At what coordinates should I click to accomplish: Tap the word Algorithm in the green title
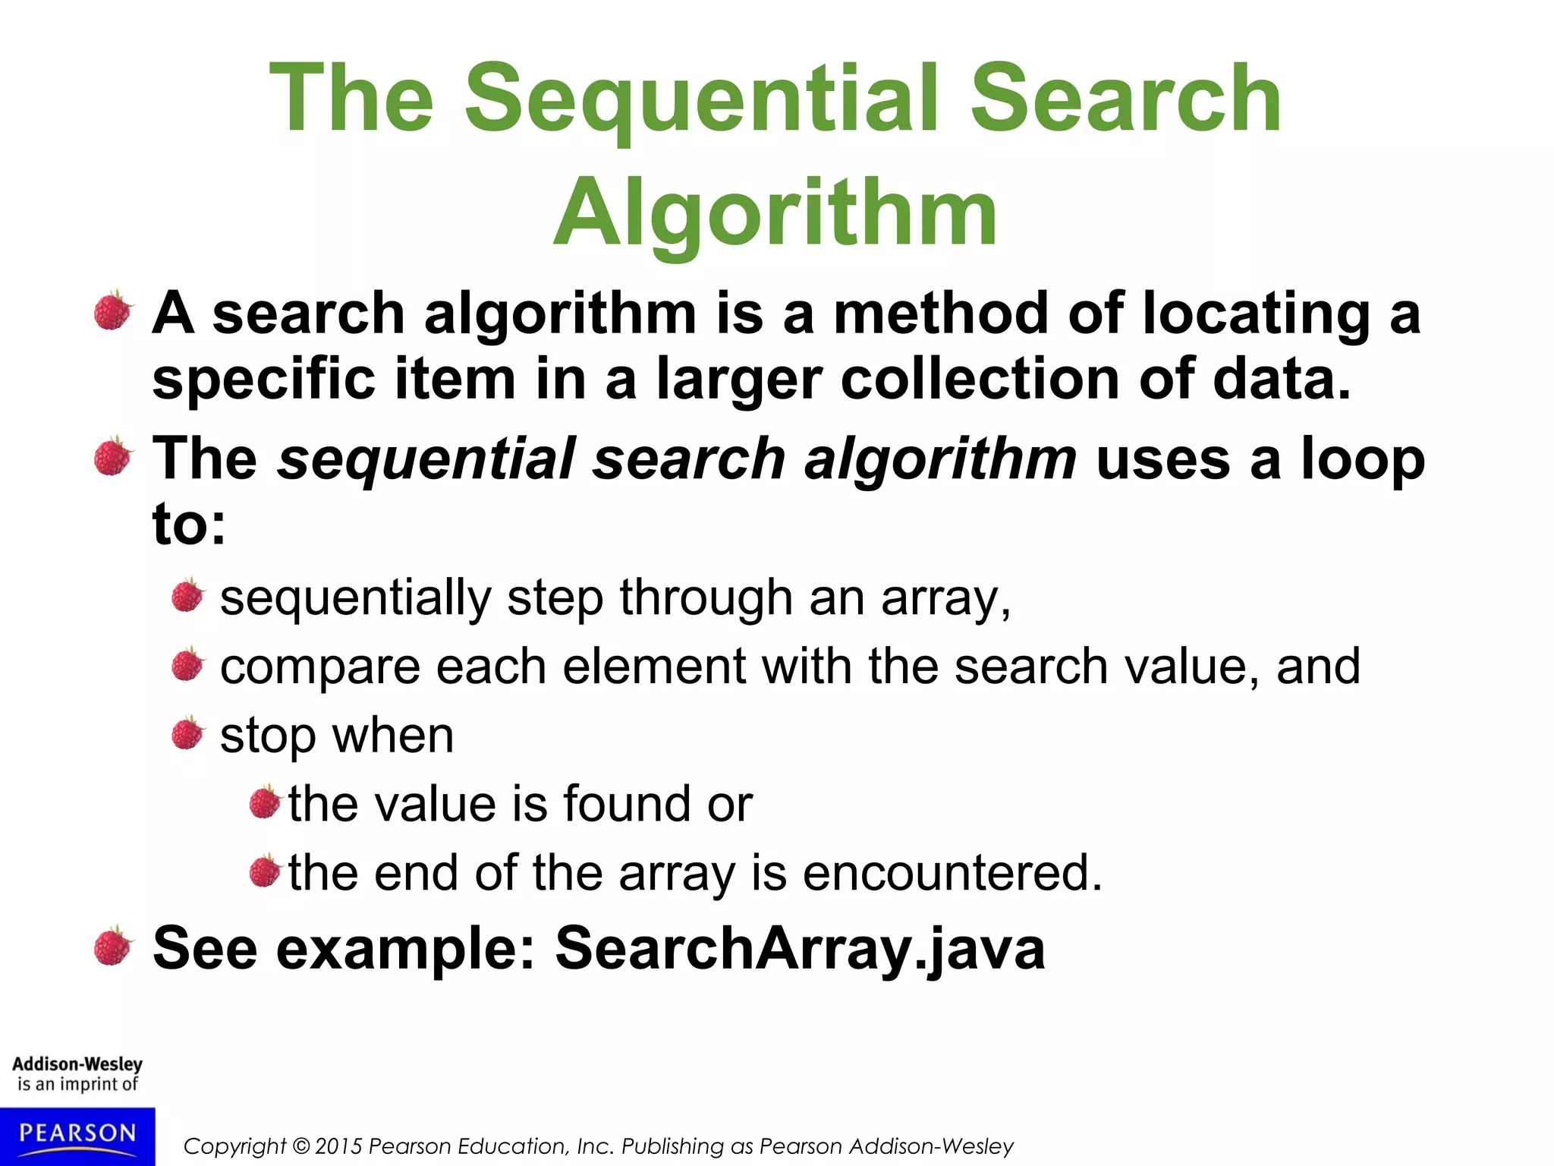775,215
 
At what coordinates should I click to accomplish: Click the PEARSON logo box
77,1135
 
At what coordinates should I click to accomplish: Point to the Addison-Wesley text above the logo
77,1064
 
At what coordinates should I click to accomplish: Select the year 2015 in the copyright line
339,1146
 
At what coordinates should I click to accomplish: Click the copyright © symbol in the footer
301,1146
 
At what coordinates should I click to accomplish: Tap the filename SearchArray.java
800,948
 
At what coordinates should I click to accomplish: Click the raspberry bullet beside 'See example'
114,946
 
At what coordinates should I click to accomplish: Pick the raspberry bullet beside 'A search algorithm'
114,311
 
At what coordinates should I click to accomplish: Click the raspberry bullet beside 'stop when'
187,733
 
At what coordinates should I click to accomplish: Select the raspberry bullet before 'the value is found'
265,802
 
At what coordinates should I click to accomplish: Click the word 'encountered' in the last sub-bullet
952,872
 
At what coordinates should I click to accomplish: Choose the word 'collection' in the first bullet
980,379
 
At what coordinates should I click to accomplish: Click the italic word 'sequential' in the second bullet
425,460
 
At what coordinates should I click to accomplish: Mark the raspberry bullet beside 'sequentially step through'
187,596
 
